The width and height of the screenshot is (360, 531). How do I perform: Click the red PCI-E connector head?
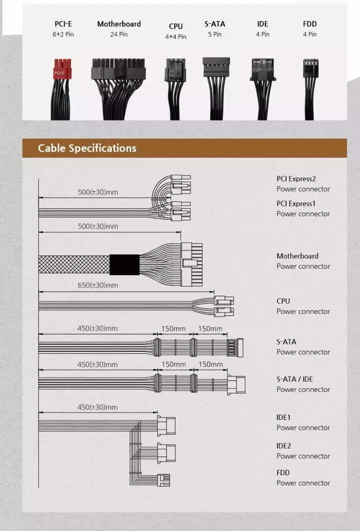tap(62, 68)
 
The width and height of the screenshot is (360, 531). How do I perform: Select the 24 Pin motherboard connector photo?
tap(118, 89)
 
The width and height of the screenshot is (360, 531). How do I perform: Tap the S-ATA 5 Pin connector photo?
tap(216, 89)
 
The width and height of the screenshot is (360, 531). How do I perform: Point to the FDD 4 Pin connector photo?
tap(310, 89)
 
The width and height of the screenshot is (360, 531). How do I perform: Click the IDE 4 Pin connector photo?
tap(263, 89)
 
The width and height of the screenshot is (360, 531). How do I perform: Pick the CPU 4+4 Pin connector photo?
tap(175, 89)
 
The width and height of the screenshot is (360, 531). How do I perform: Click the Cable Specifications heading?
tap(87, 148)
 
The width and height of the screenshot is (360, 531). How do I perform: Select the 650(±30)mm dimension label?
tap(98, 285)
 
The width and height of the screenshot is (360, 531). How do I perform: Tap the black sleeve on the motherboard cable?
tap(125, 264)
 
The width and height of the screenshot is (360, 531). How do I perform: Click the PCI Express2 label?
tap(296, 179)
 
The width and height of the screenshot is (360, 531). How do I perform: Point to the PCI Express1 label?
tap(296, 203)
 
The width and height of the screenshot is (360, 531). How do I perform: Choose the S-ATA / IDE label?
tap(295, 379)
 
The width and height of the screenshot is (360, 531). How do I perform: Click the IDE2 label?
tap(284, 446)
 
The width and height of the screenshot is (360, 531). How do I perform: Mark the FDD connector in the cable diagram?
tap(164, 480)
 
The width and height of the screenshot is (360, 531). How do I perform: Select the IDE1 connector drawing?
tap(166, 426)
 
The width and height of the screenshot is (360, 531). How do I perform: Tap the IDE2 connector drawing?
tap(166, 453)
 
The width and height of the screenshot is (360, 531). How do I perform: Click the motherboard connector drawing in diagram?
tap(191, 264)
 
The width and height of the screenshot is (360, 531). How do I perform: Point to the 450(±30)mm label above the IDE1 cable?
tap(98, 407)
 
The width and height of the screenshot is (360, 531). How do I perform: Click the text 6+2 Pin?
tap(63, 34)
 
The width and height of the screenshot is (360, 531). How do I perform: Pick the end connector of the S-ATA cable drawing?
tap(235, 348)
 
